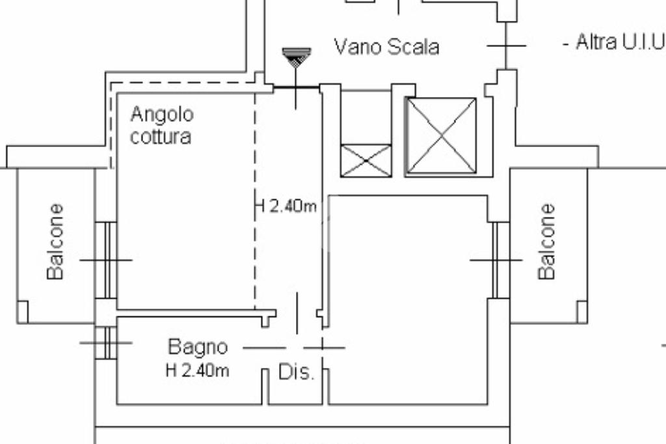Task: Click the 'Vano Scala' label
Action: click(386, 47)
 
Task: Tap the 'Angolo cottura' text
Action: click(161, 125)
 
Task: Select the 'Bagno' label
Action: click(198, 347)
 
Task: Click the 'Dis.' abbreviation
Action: click(297, 372)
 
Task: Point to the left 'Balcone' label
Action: click(56, 242)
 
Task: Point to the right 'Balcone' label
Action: click(547, 242)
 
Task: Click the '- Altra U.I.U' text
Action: click(613, 43)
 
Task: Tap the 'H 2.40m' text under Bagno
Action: click(197, 372)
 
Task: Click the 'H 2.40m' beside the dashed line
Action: click(286, 207)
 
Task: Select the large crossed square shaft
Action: click(441, 135)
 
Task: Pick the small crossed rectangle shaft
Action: click(366, 160)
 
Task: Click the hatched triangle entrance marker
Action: click(297, 57)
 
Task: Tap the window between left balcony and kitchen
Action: click(107, 260)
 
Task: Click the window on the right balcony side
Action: click(499, 260)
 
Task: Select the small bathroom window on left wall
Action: click(107, 342)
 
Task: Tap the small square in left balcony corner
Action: click(23, 312)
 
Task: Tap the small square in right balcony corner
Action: click(581, 312)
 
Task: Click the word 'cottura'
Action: click(161, 137)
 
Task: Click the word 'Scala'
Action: click(413, 47)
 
